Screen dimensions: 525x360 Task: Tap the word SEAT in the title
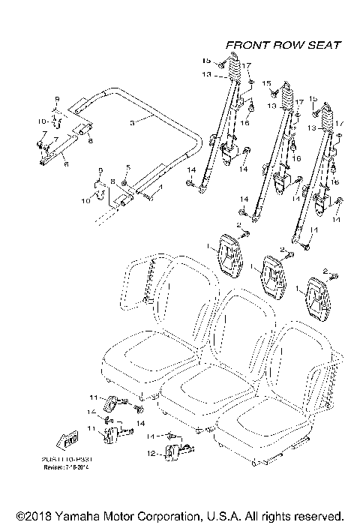tap(327, 45)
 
